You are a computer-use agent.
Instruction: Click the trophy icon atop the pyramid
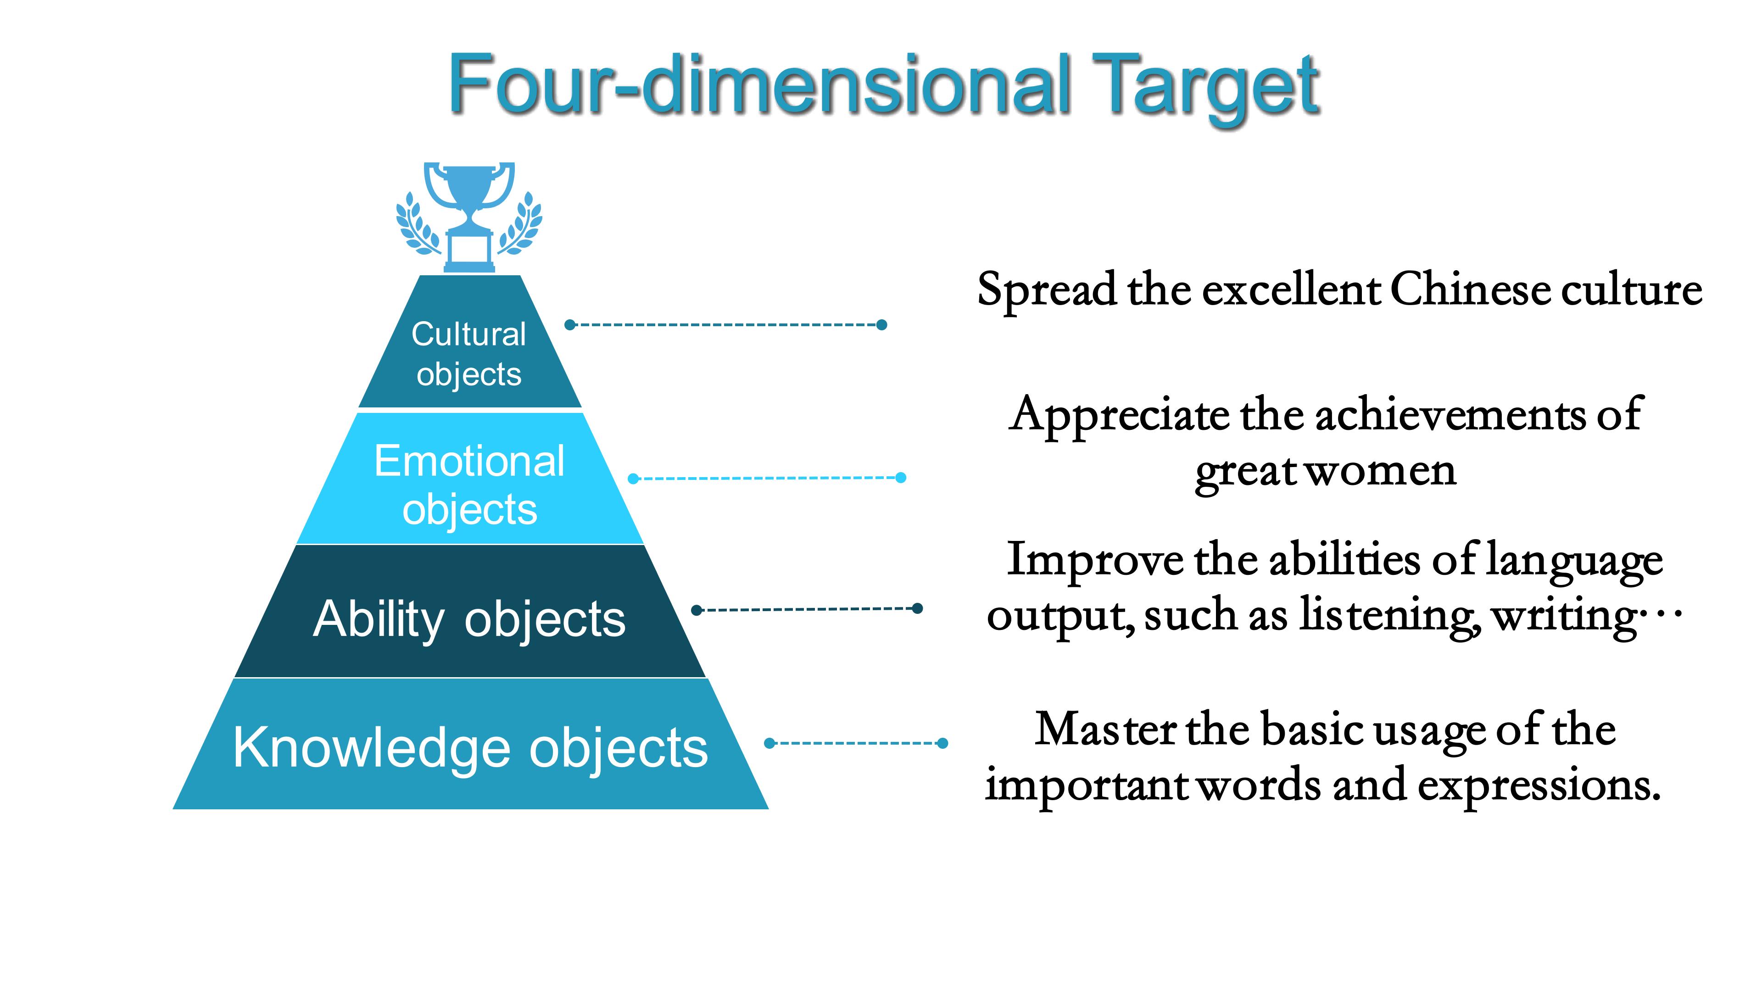[x=469, y=217]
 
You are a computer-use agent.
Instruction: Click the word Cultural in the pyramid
[x=468, y=334]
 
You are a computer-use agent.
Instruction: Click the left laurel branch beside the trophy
[x=417, y=224]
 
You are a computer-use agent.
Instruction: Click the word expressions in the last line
[x=1539, y=786]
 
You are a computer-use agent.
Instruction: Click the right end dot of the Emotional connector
[x=901, y=477]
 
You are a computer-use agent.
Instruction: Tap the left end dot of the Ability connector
[x=697, y=610]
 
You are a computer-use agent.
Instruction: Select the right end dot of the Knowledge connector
[x=942, y=743]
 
